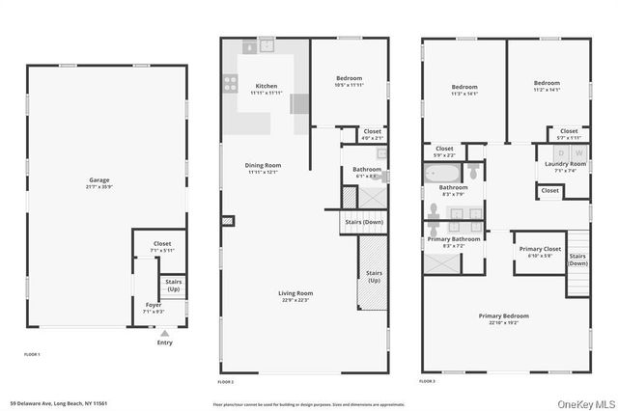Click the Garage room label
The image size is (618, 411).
point(98,178)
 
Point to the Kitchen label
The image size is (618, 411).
point(266,86)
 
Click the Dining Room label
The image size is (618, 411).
point(262,165)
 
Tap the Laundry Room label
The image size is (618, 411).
point(564,164)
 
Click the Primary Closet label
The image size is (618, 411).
point(540,250)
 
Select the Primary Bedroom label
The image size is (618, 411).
point(503,315)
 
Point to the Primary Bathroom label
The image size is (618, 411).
point(452,238)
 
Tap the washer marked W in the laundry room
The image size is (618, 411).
point(578,152)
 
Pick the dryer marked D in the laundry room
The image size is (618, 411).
point(561,152)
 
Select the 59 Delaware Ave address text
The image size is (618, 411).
point(57,402)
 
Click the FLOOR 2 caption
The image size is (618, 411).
point(225,381)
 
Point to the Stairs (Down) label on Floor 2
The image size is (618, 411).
point(363,222)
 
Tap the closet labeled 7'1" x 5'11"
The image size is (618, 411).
point(162,247)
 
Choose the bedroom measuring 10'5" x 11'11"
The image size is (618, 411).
point(349,82)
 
